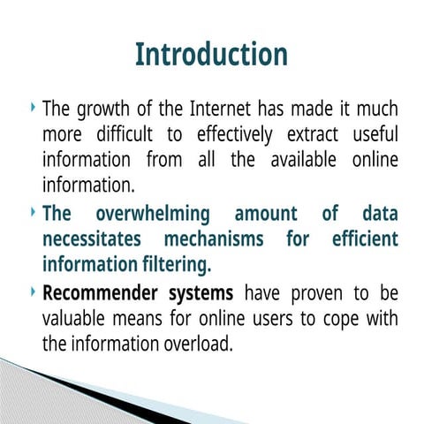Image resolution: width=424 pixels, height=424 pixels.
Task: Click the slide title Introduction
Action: [211, 54]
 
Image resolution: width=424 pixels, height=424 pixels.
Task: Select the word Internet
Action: [222, 111]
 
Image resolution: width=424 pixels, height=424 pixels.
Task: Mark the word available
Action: [302, 162]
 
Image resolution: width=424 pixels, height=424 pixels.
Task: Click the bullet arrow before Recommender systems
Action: [33, 291]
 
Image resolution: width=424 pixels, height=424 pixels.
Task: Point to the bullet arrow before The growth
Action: [33, 110]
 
